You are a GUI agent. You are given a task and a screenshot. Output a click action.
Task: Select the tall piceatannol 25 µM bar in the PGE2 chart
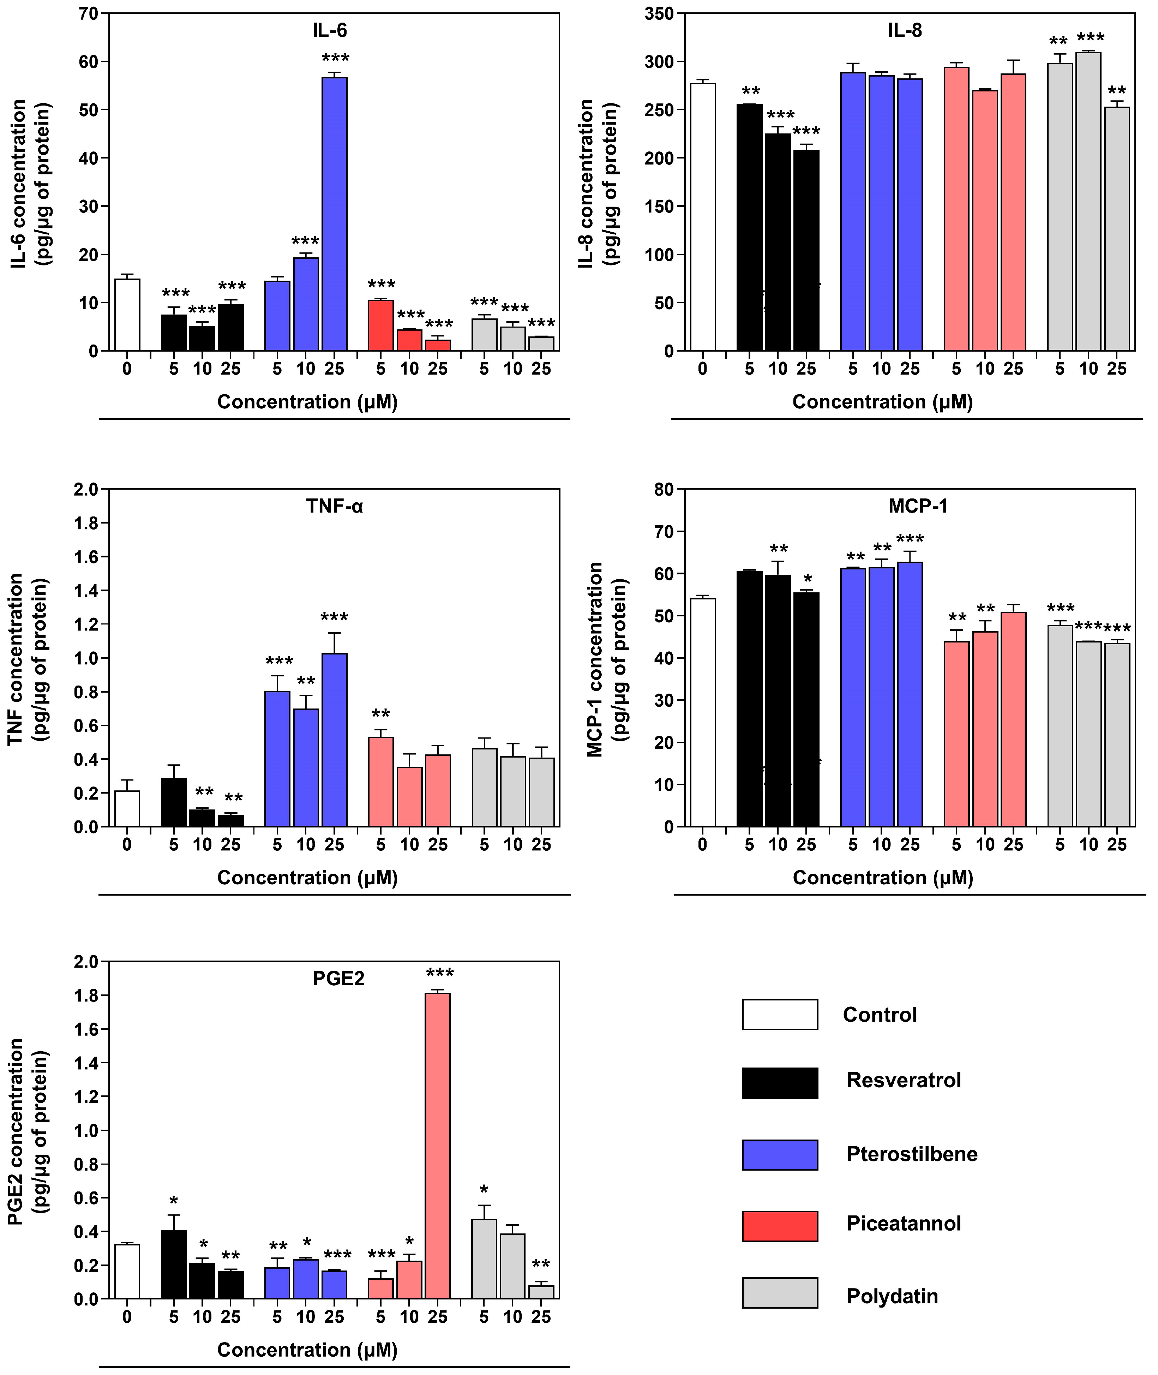pos(438,1146)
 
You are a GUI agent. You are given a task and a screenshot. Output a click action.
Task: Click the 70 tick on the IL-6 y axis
pos(88,14)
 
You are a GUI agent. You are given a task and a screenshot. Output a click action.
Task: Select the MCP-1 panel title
pos(918,506)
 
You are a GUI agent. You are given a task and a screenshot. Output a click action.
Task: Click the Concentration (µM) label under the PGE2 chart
pos(307,1350)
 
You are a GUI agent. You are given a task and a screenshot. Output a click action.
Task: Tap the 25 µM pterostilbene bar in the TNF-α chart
pos(334,740)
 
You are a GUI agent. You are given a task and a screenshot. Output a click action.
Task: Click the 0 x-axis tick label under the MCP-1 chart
pos(702,845)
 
